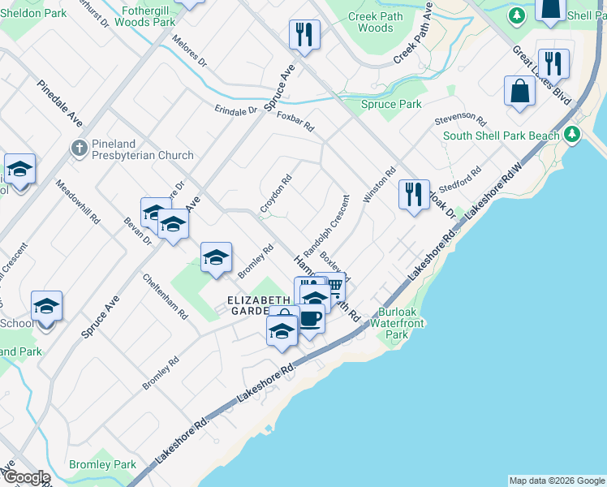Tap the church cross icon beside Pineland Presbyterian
pyautogui.click(x=78, y=148)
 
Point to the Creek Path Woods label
pyautogui.click(x=370, y=22)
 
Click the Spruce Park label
pyautogui.click(x=391, y=105)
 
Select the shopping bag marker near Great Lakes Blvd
pyautogui.click(x=519, y=92)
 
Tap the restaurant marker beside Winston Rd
pyautogui.click(x=414, y=195)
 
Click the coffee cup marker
pyautogui.click(x=309, y=317)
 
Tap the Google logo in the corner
pyautogui.click(x=26, y=477)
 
